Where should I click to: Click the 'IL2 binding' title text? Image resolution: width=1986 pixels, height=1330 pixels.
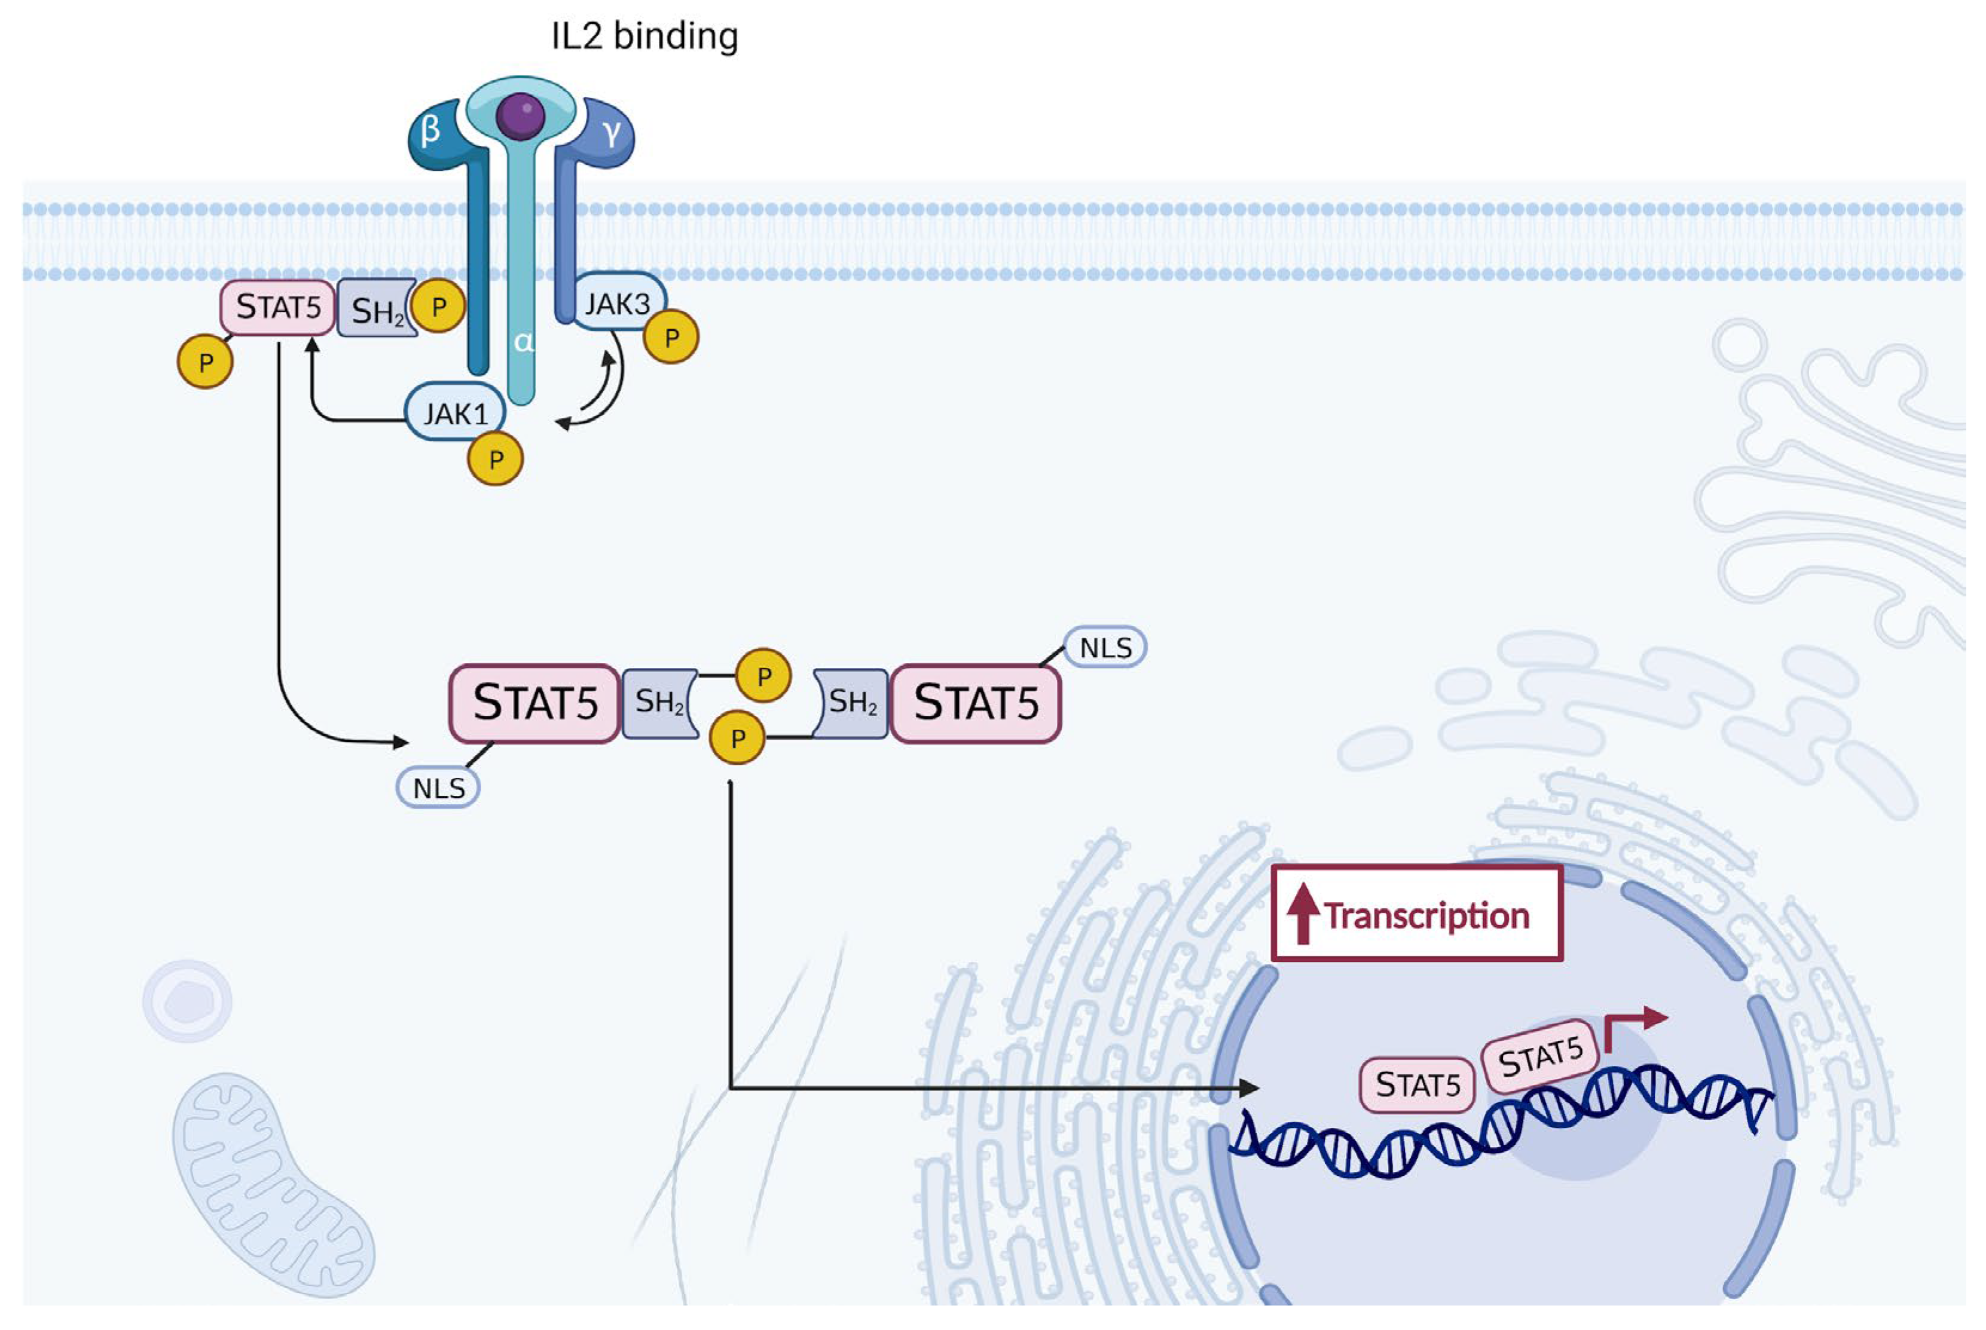tap(644, 36)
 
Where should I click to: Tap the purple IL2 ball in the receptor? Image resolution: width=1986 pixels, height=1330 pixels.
tap(520, 116)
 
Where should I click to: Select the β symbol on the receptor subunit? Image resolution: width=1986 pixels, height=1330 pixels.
tap(430, 130)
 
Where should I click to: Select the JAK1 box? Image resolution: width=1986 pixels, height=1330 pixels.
tap(456, 413)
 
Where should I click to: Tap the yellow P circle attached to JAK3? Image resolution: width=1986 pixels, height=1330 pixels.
tap(671, 337)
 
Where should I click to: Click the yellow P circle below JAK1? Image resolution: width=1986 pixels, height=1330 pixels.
tap(495, 459)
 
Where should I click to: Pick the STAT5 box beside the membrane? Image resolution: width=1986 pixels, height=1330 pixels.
tap(277, 306)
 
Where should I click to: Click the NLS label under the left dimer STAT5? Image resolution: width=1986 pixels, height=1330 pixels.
tap(438, 788)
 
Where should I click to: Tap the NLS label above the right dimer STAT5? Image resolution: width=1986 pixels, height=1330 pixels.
tap(1104, 647)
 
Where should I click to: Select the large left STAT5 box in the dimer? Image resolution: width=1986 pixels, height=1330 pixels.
tap(534, 703)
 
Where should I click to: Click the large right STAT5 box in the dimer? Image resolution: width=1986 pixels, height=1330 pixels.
tap(975, 703)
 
